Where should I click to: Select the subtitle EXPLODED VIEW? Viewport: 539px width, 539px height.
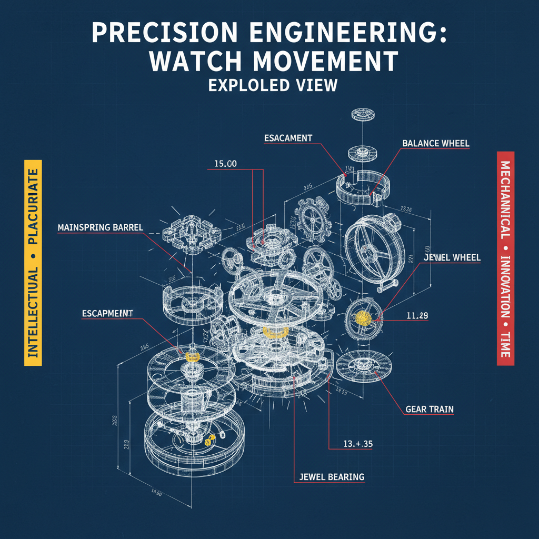click(272, 85)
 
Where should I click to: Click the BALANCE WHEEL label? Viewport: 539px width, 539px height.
click(435, 143)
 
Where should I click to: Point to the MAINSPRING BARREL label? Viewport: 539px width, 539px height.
click(101, 228)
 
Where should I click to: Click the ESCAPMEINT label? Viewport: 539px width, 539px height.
click(107, 313)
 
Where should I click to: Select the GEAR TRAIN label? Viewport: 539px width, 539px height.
click(430, 408)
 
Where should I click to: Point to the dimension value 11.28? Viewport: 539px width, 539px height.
click(417, 316)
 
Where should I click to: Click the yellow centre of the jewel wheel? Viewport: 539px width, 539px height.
click(363, 317)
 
